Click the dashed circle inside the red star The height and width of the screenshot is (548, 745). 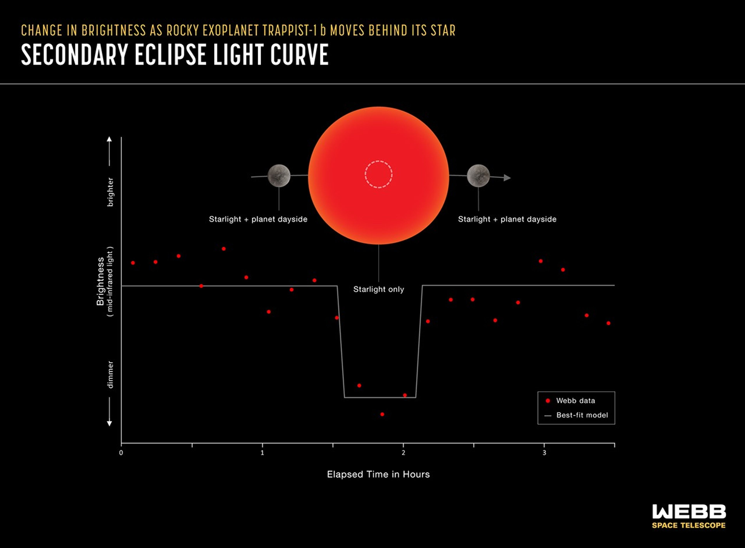point(379,175)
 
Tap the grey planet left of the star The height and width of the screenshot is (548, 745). point(279,176)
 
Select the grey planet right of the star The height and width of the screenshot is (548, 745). point(478,176)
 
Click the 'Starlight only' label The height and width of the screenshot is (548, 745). point(379,289)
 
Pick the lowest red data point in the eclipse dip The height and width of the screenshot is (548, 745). point(382,414)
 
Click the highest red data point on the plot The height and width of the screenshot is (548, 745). point(224,249)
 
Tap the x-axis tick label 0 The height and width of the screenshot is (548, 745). point(121,453)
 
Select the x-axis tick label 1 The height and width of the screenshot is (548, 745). point(262,453)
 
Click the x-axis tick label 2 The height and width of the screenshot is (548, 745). point(404,453)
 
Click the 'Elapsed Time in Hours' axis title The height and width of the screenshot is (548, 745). point(378,474)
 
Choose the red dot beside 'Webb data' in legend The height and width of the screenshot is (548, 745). point(548,401)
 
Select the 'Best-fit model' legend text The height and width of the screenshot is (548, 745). point(582,415)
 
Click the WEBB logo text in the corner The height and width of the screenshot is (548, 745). point(689,512)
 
